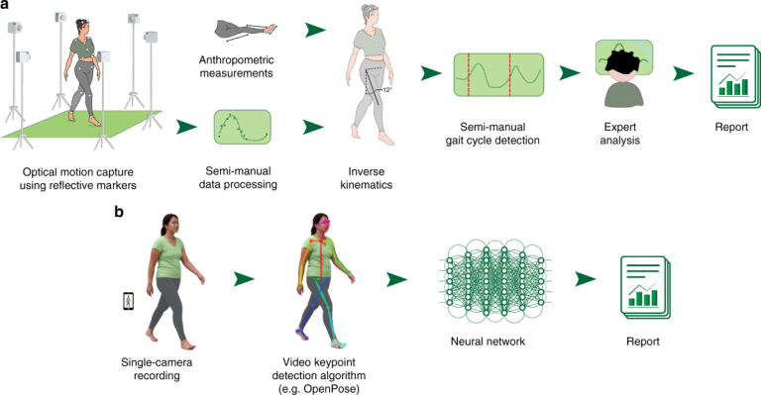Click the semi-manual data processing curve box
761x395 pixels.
coord(242,128)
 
